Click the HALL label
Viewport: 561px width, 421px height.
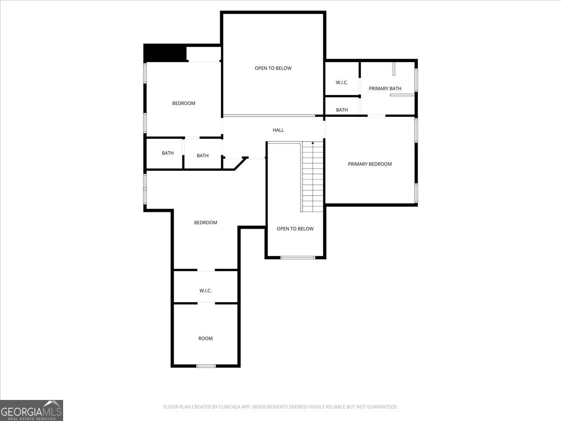pos(278,130)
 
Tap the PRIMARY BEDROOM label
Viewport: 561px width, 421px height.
pos(370,164)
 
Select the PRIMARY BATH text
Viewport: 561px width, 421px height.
pos(385,88)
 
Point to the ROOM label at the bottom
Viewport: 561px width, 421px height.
pos(205,338)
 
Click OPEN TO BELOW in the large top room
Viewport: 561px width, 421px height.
pos(273,68)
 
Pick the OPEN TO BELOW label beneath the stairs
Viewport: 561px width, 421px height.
pos(295,229)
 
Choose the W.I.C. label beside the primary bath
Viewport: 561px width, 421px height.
pos(342,82)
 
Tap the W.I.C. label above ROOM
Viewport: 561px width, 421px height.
pos(205,290)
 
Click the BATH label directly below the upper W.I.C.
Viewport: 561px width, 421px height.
pos(342,110)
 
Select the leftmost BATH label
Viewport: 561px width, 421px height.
pos(168,153)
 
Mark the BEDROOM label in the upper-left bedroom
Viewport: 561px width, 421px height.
pos(184,103)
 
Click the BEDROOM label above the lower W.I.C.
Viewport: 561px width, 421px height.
pos(206,223)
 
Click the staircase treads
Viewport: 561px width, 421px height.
pos(313,178)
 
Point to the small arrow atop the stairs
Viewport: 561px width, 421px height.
pos(313,142)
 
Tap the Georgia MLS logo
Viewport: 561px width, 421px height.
pos(31,410)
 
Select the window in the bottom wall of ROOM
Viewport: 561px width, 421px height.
pos(206,366)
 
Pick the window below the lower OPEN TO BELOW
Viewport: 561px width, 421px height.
pos(297,257)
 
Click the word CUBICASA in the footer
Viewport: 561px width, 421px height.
pos(232,407)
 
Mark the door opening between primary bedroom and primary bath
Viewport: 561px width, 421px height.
pos(376,116)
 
